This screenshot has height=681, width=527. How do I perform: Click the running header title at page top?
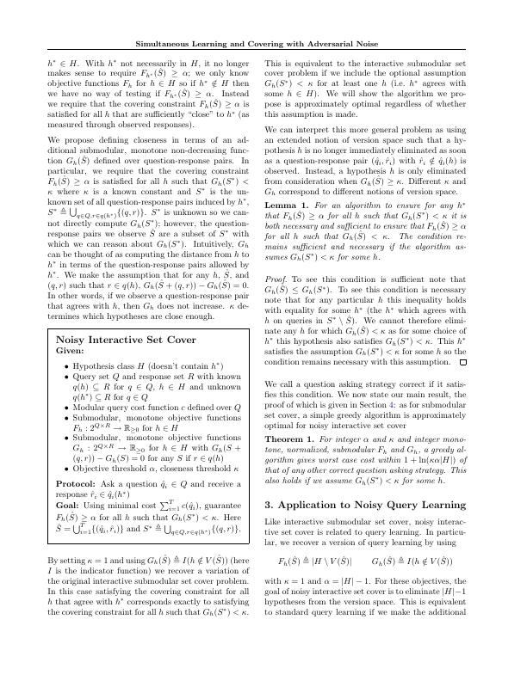[x=263, y=44]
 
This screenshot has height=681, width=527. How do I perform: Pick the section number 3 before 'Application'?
[x=269, y=552]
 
